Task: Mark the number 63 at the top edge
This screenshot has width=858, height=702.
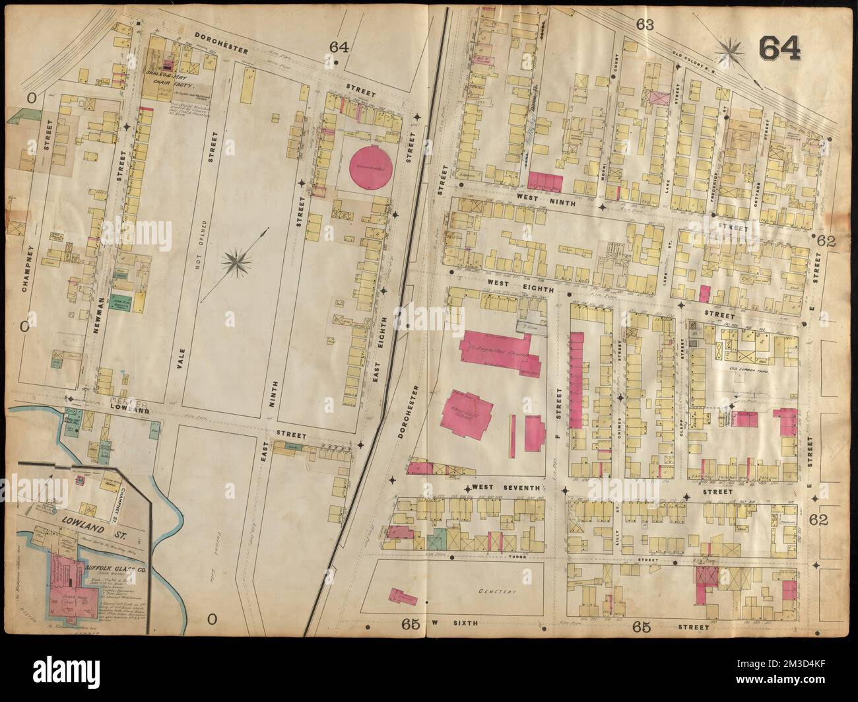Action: coord(645,25)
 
